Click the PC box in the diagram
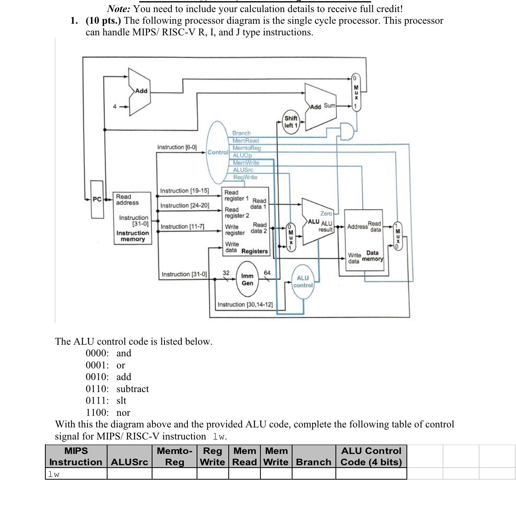click(97, 199)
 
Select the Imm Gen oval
click(247, 279)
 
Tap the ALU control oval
click(303, 282)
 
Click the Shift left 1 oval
click(291, 122)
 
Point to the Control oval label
click(218, 152)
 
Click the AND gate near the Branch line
click(347, 131)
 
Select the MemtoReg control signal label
click(247, 148)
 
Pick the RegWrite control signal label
click(245, 177)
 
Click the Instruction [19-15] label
click(185, 191)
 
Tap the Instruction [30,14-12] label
click(245, 305)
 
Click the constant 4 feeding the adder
click(115, 106)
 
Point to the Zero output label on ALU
click(326, 213)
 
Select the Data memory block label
click(372, 256)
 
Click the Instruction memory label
click(132, 236)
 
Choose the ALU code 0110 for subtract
click(97, 389)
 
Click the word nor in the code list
click(123, 413)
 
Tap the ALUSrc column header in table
click(129, 462)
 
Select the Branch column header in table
click(313, 462)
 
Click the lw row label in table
click(54, 474)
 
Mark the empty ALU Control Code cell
click(371, 474)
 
